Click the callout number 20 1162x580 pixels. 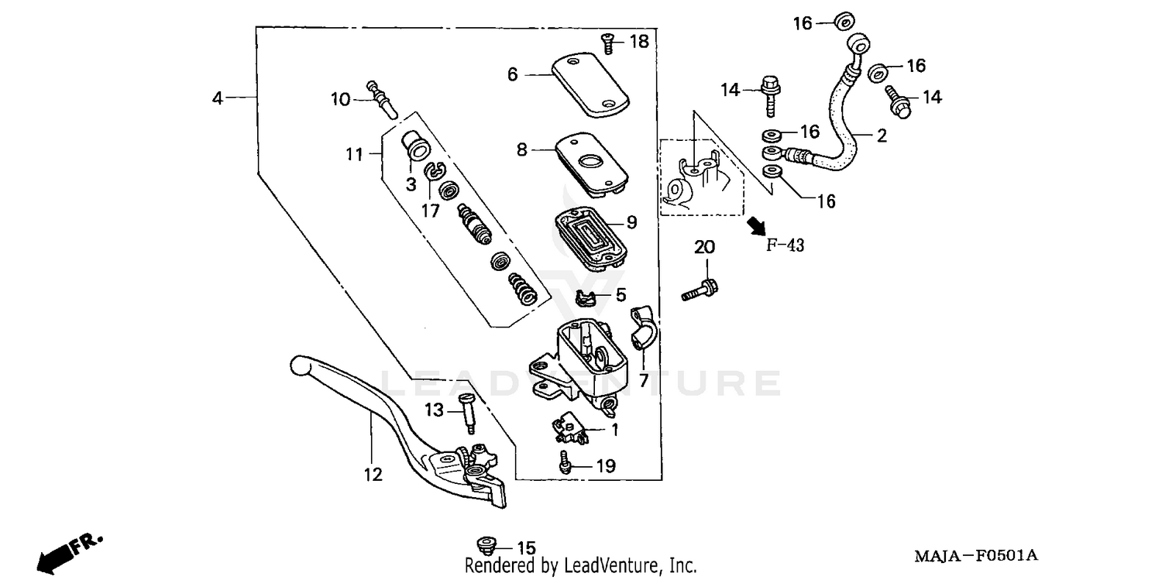pyautogui.click(x=704, y=248)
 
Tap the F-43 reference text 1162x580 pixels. pyautogui.click(x=785, y=246)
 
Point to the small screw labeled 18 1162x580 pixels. pyautogui.click(x=608, y=45)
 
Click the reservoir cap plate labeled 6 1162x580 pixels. pyautogui.click(x=590, y=84)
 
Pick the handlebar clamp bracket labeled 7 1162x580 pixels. pyautogui.click(x=644, y=328)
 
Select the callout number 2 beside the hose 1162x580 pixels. pyautogui.click(x=882, y=136)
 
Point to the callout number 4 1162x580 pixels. pyautogui.click(x=218, y=98)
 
